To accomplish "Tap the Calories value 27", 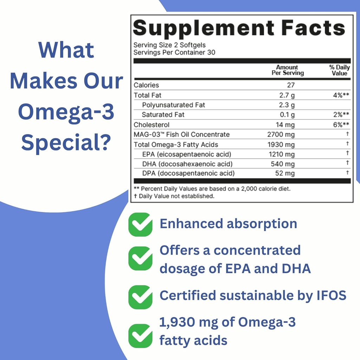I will (290, 85).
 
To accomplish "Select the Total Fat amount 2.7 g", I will (287, 95).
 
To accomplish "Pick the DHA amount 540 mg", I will (283, 164).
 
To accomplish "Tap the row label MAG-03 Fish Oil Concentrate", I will (181, 135).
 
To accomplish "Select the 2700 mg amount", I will (281, 135).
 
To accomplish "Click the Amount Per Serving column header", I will (287, 70).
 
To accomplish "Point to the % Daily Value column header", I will (339, 70).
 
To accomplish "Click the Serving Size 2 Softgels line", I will (169, 45).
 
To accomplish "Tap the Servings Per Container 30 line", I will (174, 52).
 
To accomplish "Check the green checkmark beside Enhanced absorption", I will (140, 224).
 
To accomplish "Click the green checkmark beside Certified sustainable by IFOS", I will (140, 297).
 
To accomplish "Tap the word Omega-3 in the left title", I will (66, 112).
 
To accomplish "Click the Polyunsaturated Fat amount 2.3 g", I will (287, 105).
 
